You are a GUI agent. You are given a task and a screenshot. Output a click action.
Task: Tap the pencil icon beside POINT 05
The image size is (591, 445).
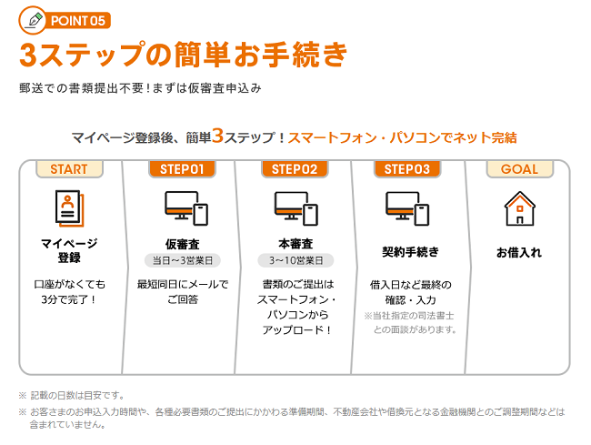35,18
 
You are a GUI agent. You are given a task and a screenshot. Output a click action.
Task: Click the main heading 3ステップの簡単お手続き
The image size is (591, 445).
183,55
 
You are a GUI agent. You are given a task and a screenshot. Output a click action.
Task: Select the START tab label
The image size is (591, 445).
69,169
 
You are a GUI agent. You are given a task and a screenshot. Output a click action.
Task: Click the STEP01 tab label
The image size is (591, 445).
182,169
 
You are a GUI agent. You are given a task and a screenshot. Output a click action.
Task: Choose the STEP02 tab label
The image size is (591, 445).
295,169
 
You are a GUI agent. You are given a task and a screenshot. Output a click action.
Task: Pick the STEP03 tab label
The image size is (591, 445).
406,169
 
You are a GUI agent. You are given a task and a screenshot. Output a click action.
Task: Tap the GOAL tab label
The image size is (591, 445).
519,169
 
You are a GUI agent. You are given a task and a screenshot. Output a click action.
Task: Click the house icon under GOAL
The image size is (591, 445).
519,208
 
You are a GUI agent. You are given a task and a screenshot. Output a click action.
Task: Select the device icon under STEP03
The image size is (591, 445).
406,208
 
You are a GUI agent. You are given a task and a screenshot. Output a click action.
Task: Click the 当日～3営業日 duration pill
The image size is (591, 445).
182,260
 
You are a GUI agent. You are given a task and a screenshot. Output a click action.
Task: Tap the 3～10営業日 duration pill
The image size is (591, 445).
295,260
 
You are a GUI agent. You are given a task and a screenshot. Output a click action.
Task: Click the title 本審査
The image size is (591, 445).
295,243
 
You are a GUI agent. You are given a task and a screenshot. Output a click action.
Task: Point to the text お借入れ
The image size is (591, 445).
519,252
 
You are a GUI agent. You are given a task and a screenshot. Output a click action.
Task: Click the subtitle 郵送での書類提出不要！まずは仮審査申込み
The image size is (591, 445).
140,89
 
